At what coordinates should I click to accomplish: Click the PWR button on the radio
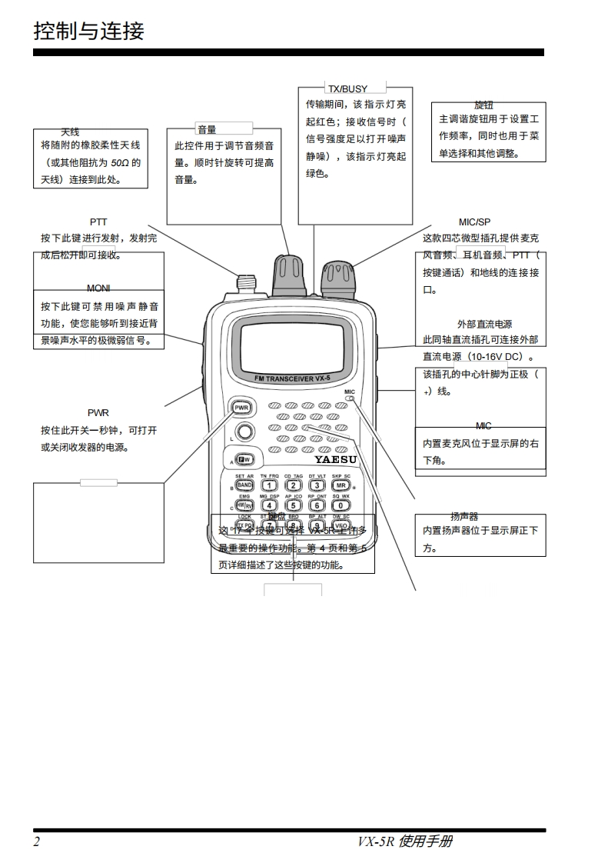[x=241, y=407]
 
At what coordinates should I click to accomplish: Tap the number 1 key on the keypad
[x=269, y=485]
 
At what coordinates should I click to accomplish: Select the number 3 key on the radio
[x=317, y=485]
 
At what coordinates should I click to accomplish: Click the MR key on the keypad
[x=341, y=485]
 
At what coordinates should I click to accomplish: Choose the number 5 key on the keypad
[x=293, y=505]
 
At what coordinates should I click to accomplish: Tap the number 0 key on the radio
[x=341, y=505]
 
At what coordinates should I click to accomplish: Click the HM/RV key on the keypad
[x=244, y=505]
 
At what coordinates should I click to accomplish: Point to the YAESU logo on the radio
[x=335, y=460]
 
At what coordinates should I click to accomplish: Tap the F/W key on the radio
[x=244, y=459]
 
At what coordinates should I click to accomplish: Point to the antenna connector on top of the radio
[x=246, y=284]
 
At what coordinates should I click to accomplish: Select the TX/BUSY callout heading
[x=347, y=88]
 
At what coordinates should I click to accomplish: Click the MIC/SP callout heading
[x=474, y=222]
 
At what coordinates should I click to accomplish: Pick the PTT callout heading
[x=98, y=222]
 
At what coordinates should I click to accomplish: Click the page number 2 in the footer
[x=36, y=841]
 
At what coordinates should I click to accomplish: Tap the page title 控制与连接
[x=89, y=32]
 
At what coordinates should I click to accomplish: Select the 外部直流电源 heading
[x=484, y=325]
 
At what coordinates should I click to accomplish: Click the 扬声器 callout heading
[x=464, y=516]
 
